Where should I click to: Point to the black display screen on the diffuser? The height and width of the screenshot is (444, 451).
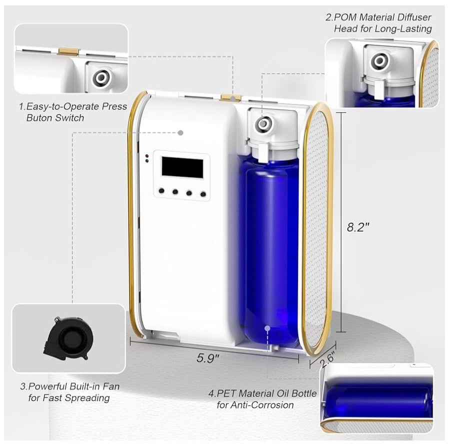182,167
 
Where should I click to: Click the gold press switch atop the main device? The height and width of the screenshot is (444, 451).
230,97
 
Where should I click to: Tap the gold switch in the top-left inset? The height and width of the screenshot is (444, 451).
68,51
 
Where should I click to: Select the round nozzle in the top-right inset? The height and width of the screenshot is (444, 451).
379,61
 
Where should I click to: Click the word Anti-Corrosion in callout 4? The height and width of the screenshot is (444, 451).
255,404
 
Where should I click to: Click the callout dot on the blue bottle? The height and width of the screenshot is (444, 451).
268,328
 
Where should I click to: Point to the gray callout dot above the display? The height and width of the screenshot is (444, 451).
180,133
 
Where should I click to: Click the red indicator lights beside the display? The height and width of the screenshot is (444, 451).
146,158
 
